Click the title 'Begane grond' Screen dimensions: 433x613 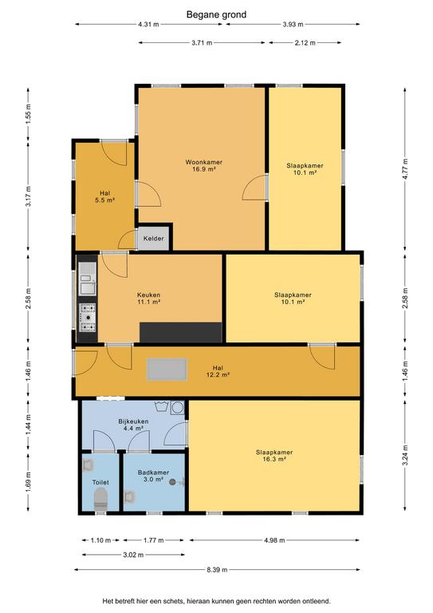coord(216,15)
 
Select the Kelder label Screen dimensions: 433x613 coord(153,239)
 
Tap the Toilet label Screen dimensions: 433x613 coord(100,482)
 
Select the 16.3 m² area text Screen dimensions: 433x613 coord(275,460)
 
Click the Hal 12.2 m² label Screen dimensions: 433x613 coord(218,371)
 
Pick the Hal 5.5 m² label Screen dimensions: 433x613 coord(104,196)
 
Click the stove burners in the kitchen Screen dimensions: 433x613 coord(88,318)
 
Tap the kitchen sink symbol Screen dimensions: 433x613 coord(88,279)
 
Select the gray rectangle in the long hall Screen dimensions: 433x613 coord(167,370)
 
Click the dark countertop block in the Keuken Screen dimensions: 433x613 coord(181,332)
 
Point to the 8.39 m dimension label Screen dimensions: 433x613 coord(217,570)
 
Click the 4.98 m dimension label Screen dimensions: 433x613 coord(274,540)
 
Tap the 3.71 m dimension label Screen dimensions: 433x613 coord(202,43)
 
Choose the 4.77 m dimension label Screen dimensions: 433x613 coord(405,168)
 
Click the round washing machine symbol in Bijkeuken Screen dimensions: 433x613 coord(178,407)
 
